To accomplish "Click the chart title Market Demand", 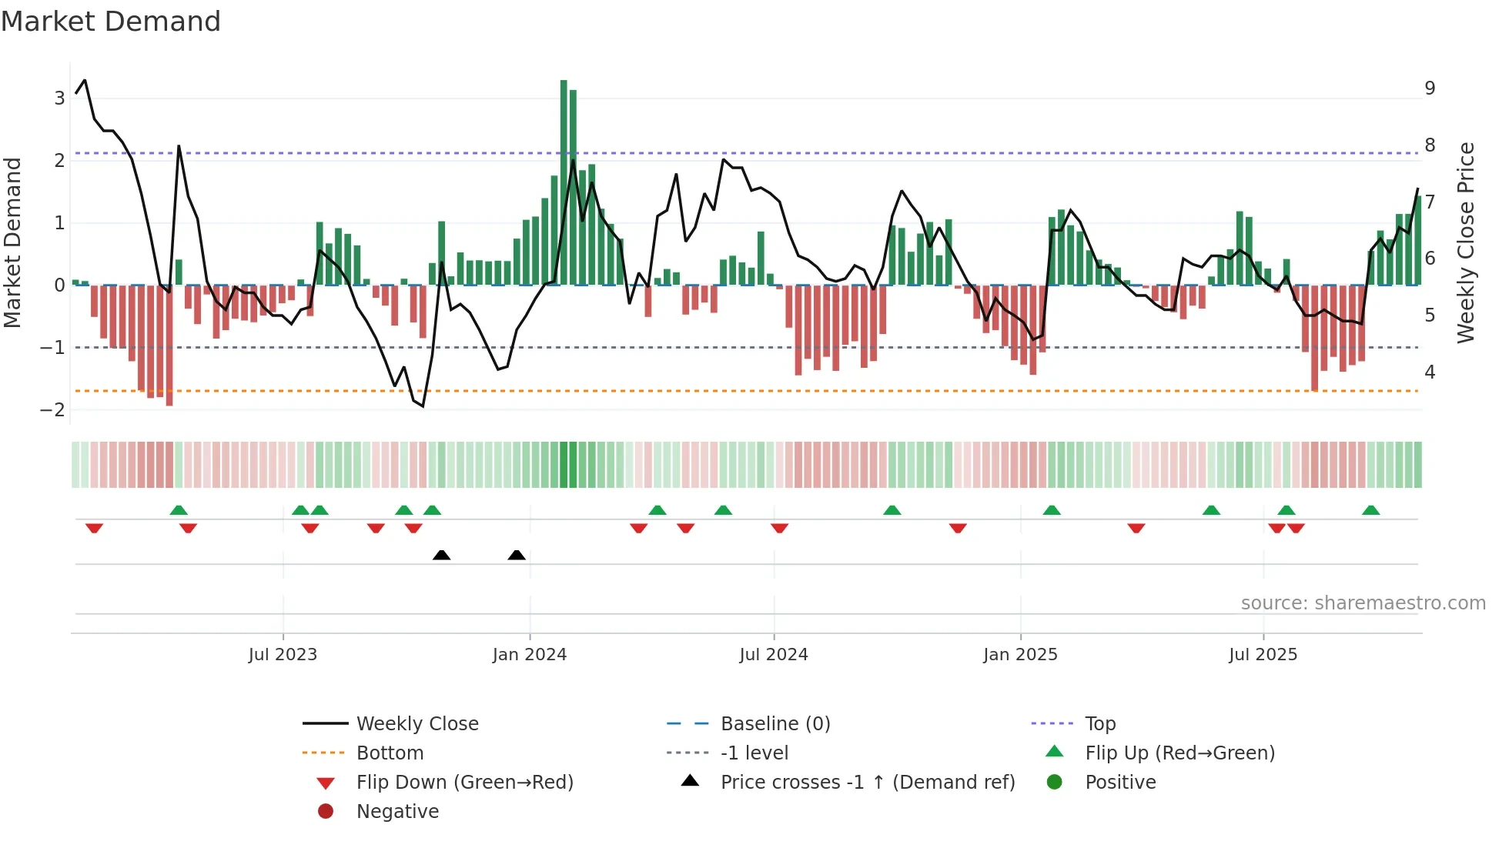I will tap(111, 22).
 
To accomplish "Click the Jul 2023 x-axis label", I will tap(283, 655).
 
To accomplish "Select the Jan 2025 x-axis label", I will tap(1020, 655).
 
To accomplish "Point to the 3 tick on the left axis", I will tap(59, 98).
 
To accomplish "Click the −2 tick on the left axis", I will tap(53, 410).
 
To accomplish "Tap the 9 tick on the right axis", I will tap(1430, 88).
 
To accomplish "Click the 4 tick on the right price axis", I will tap(1430, 372).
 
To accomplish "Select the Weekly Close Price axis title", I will tap(1466, 242).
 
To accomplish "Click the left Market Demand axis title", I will tap(12, 242).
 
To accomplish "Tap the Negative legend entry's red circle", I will tap(326, 812).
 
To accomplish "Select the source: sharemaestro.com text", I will tap(1363, 603).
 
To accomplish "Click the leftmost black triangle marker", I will tap(441, 555).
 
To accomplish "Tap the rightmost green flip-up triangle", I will tap(1370, 510).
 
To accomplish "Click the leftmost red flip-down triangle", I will tap(94, 529).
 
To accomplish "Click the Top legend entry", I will tap(1099, 724).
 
